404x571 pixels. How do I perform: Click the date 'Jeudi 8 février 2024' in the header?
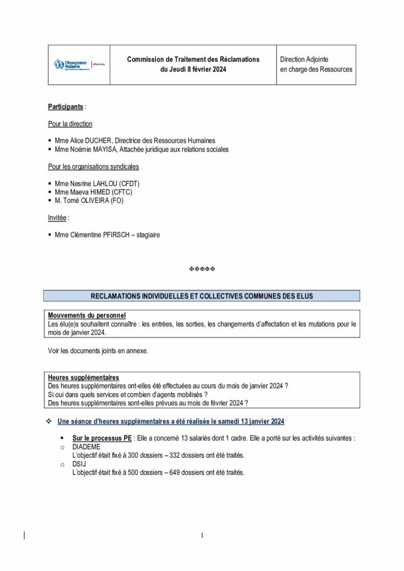pos(193,69)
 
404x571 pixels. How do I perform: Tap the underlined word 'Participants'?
pos(66,106)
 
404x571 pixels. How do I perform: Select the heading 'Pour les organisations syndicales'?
pos(93,166)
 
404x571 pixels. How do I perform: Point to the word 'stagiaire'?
pos(147,235)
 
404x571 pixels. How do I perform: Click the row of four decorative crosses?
pos(202,269)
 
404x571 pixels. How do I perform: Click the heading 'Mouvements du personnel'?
pos(86,316)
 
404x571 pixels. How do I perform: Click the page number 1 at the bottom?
pos(202,536)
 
